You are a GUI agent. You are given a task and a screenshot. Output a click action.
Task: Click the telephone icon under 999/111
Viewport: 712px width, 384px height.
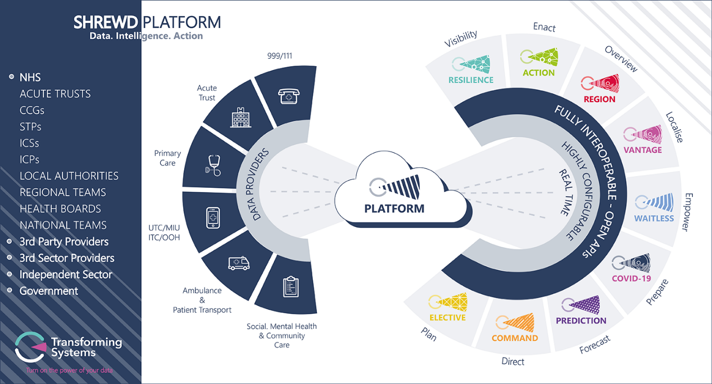coord(289,96)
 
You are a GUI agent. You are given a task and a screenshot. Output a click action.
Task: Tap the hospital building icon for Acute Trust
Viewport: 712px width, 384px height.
coord(240,117)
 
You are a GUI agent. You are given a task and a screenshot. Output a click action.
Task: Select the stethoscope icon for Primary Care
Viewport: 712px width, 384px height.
coord(213,165)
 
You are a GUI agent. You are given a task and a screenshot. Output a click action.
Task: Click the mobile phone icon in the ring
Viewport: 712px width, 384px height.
coord(213,218)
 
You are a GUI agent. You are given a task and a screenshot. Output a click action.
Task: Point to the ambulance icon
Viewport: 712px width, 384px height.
coord(239,263)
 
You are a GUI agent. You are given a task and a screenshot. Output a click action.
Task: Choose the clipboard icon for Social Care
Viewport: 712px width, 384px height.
coord(291,286)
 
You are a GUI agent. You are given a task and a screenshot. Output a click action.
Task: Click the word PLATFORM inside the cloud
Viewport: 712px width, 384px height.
coord(394,209)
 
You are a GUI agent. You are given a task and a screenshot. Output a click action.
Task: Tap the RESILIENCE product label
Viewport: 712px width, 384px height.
coord(471,80)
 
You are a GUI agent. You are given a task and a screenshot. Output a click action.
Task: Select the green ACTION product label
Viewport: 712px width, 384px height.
coord(538,73)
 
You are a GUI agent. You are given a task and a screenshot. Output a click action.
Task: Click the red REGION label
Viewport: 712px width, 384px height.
coord(599,99)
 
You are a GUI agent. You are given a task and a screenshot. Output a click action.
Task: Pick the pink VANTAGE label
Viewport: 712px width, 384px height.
coord(642,150)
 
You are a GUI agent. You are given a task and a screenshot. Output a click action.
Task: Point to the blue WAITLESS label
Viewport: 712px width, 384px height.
coord(654,218)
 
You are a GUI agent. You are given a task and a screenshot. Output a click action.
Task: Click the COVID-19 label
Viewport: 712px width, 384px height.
coord(631,278)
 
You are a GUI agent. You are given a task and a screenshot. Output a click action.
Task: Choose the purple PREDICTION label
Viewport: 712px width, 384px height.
coord(581,321)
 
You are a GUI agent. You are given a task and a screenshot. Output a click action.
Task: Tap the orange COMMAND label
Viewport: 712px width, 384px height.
coord(514,338)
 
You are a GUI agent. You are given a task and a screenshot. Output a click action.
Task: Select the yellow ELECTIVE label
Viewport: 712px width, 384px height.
coord(447,317)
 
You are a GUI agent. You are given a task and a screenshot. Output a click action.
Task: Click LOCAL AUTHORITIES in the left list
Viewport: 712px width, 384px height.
coord(69,176)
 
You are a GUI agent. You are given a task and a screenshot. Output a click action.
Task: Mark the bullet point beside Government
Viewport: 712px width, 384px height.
coord(10,290)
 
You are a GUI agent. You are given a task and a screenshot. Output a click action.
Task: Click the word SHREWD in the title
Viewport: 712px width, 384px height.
coord(106,23)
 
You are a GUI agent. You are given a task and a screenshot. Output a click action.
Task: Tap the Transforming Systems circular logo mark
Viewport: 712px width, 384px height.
coord(31,347)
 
